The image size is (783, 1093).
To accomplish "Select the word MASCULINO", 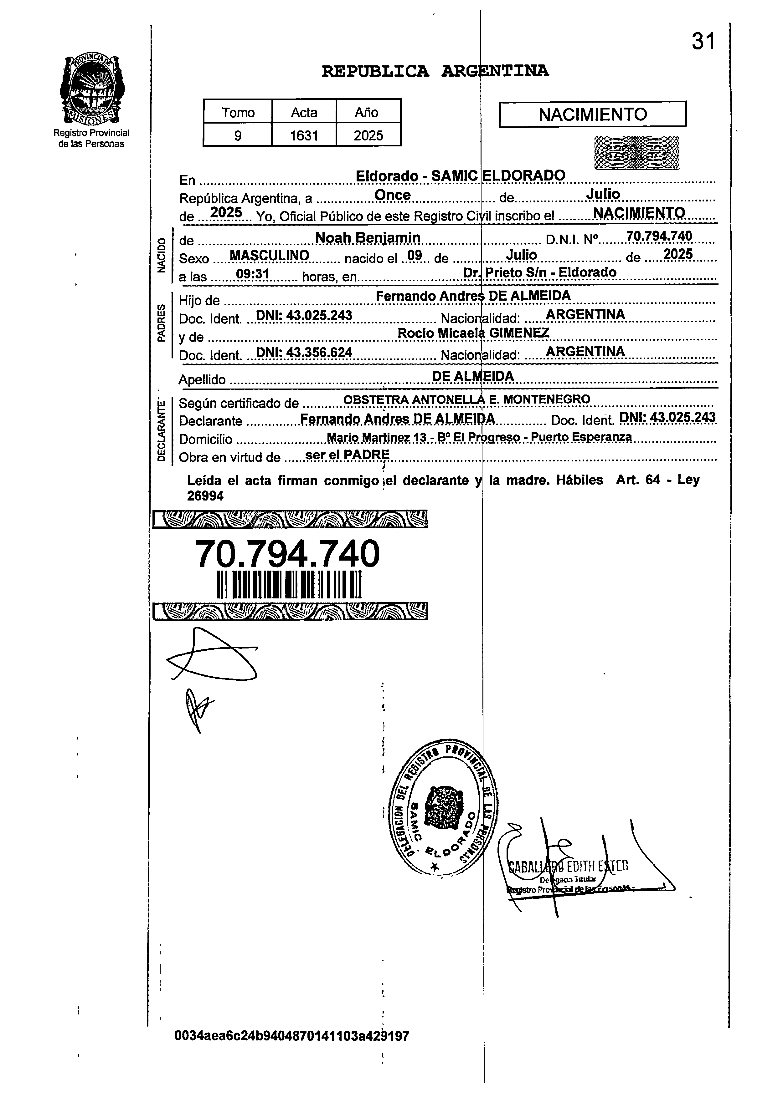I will (x=269, y=255).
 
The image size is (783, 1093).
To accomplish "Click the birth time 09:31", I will (x=252, y=274).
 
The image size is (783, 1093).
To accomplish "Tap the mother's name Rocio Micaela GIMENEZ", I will (x=473, y=333).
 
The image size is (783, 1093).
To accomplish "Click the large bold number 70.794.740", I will (x=287, y=554).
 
